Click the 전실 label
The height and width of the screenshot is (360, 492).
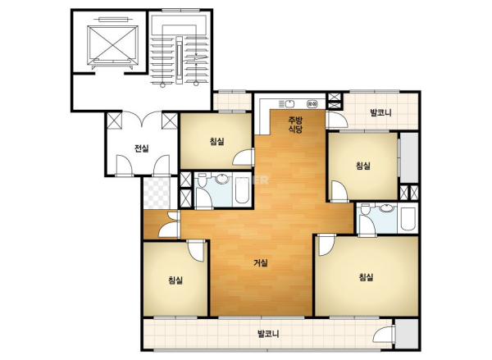pyautogui.click(x=142, y=148)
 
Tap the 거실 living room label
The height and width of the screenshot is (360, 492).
pyautogui.click(x=261, y=262)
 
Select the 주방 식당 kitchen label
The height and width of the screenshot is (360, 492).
pyautogui.click(x=295, y=125)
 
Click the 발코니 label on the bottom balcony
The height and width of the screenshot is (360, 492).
pyautogui.click(x=268, y=333)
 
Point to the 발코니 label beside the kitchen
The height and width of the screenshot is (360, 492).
pyautogui.click(x=380, y=112)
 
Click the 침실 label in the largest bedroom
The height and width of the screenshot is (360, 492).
pyautogui.click(x=366, y=277)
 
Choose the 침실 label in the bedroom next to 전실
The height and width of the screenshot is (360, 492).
pyautogui.click(x=217, y=141)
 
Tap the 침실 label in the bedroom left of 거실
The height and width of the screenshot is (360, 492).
pyautogui.click(x=175, y=280)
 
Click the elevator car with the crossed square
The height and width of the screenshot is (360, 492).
pyautogui.click(x=112, y=44)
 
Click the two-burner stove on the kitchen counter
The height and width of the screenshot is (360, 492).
pyautogui.click(x=312, y=103)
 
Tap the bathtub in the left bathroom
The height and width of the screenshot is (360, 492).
pyautogui.click(x=242, y=190)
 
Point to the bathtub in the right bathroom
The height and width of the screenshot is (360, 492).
pyautogui.click(x=408, y=219)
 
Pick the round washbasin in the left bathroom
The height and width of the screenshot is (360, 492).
pyautogui.click(x=222, y=178)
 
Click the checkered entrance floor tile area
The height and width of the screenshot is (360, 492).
pyautogui.click(x=157, y=193)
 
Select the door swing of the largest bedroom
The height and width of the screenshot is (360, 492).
pyautogui.click(x=326, y=245)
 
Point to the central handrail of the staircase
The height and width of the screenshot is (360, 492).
pyautogui.click(x=179, y=60)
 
